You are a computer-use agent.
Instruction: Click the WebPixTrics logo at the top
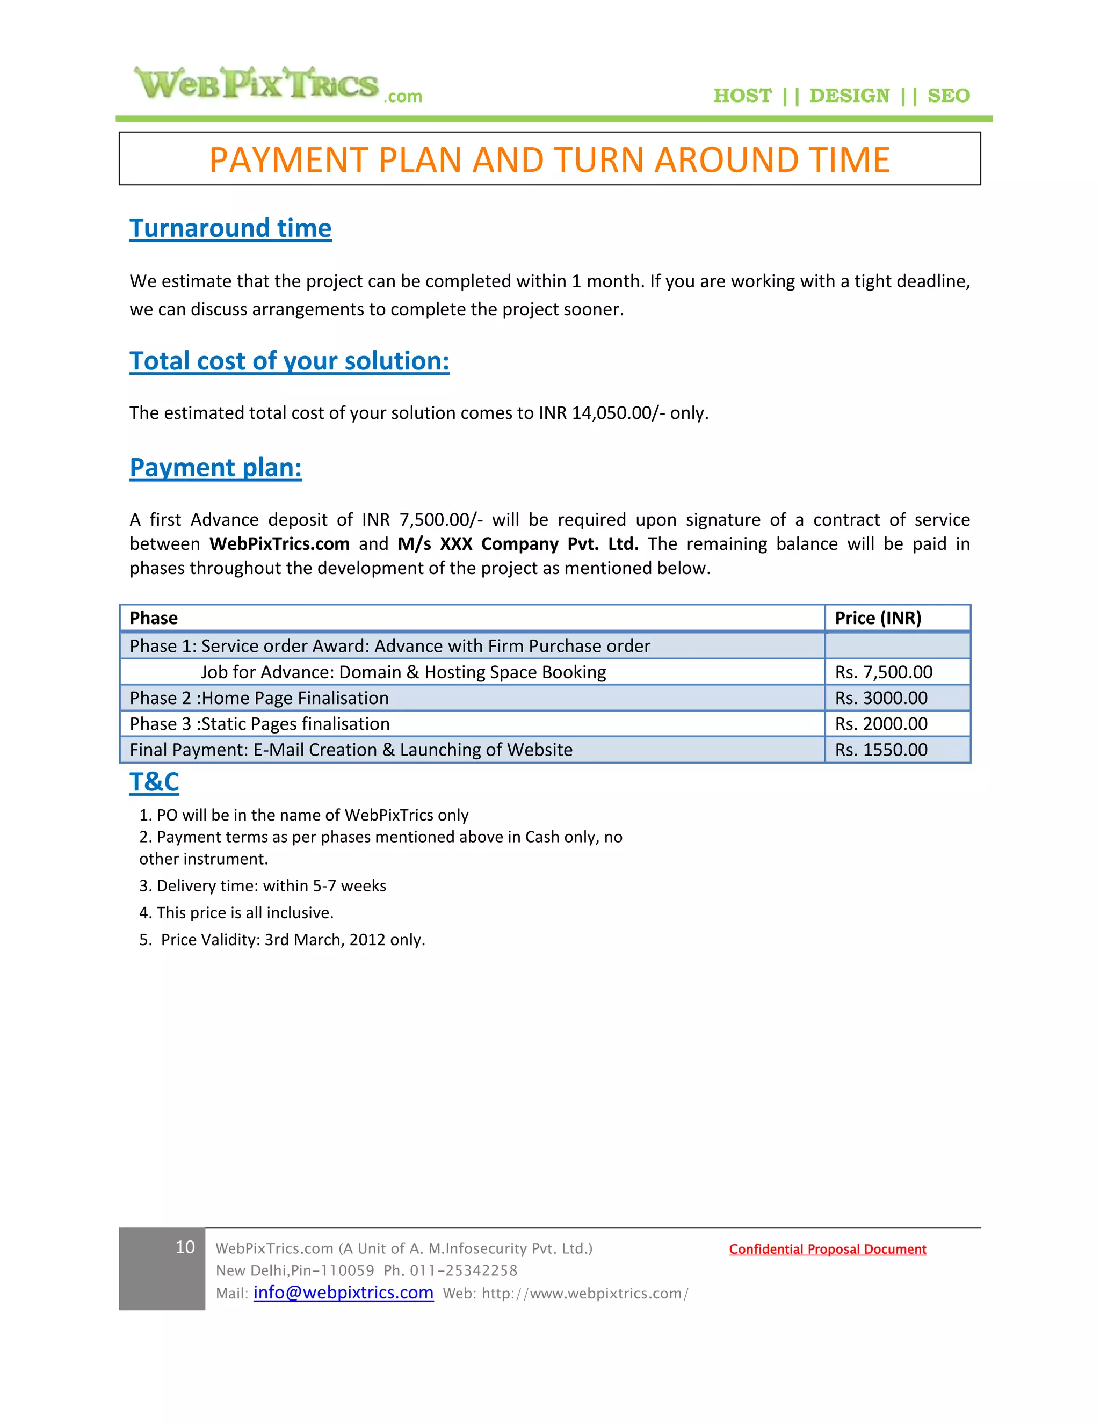pyautogui.click(x=277, y=85)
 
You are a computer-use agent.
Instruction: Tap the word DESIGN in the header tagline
pyautogui.click(x=849, y=96)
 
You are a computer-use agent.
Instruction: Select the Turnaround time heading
pyautogui.click(x=230, y=228)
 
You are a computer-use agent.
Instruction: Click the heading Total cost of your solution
pyautogui.click(x=290, y=361)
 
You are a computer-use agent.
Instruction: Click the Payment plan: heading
pyautogui.click(x=216, y=468)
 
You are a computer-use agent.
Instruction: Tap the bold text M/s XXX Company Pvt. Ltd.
pyautogui.click(x=518, y=544)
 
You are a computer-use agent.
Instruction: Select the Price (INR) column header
pyautogui.click(x=878, y=618)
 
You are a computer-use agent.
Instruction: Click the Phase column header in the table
pyautogui.click(x=154, y=618)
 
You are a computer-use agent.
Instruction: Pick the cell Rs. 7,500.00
pyautogui.click(x=883, y=672)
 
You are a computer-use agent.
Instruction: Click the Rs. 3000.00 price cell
pyautogui.click(x=881, y=698)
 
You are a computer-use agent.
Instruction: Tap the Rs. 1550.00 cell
pyautogui.click(x=881, y=750)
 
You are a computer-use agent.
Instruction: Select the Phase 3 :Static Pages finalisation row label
pyautogui.click(x=259, y=724)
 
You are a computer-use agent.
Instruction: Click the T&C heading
pyautogui.click(x=155, y=782)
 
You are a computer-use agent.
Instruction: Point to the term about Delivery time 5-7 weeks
pyautogui.click(x=263, y=886)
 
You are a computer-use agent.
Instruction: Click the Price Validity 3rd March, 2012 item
pyautogui.click(x=282, y=940)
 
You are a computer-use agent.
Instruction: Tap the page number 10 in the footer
pyautogui.click(x=185, y=1247)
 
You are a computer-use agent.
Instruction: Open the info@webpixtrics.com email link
pyautogui.click(x=343, y=1293)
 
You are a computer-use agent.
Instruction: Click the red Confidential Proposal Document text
pyautogui.click(x=827, y=1249)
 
